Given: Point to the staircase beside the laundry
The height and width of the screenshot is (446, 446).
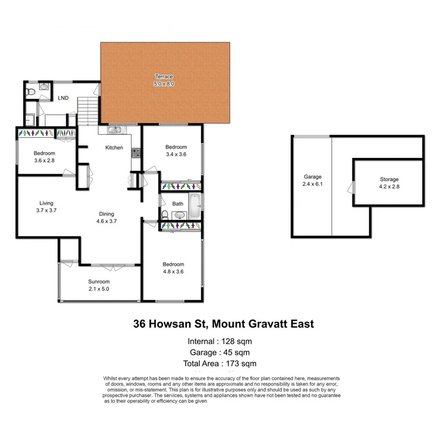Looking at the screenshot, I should (87, 110).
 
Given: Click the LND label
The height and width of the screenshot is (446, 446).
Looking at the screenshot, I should (63, 98).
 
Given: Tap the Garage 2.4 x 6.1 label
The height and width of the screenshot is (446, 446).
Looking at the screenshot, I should (313, 180).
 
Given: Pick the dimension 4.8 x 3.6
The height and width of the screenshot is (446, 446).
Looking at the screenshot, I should (173, 271).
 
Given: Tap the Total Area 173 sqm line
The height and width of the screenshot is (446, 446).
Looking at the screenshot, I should (220, 364).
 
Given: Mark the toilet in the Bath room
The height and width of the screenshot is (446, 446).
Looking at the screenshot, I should (165, 215).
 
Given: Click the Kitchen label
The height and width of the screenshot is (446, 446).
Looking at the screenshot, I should (114, 148).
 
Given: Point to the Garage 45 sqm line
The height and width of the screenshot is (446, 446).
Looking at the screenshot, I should (220, 353).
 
